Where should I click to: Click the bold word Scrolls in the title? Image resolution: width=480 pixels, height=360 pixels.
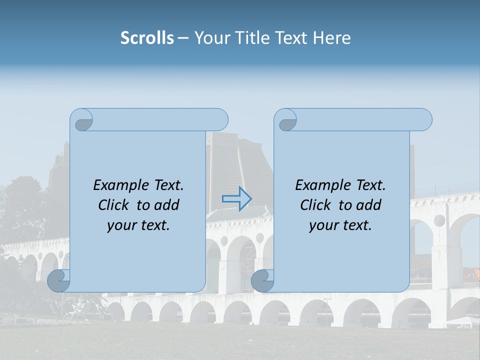147,38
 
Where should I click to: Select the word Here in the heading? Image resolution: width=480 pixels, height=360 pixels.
332,38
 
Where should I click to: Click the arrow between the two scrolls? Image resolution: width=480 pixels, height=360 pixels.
237,199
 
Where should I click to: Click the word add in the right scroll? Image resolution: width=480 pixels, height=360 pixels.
369,205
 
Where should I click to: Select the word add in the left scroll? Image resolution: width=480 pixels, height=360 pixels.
167,205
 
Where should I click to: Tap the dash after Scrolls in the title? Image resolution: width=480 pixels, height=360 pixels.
183,38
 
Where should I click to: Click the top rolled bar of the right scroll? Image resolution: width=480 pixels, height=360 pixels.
360,119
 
